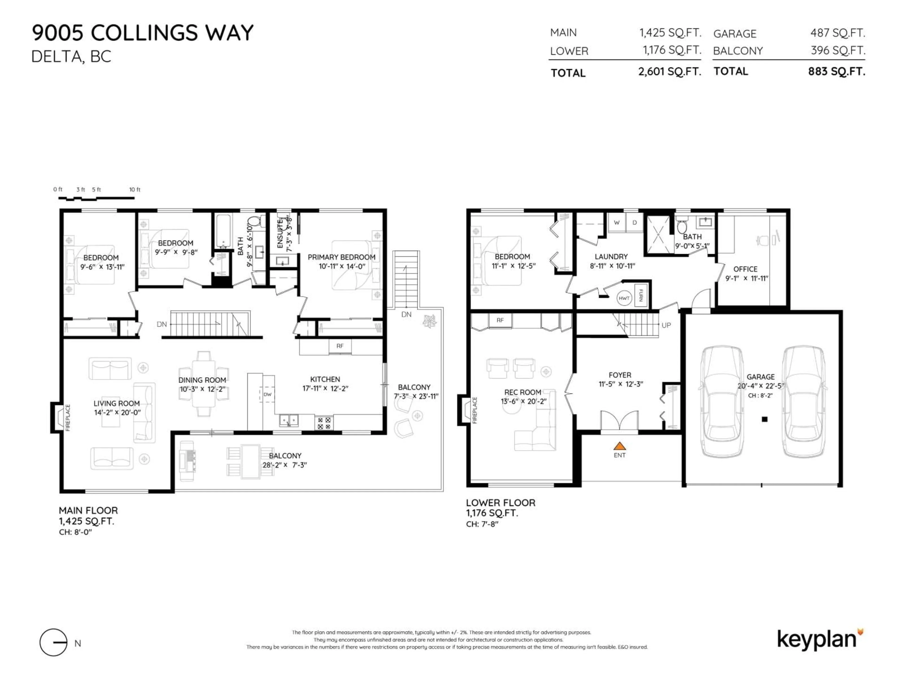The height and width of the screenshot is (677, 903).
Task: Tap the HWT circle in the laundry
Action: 624,298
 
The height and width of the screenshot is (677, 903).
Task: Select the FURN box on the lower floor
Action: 641,295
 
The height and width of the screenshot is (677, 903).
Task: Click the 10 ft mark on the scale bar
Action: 135,190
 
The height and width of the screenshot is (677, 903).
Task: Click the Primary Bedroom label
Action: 341,257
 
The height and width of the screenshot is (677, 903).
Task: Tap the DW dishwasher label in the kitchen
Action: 267,394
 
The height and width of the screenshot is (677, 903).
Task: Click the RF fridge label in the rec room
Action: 500,320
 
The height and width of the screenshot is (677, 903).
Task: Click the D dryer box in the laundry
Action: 634,222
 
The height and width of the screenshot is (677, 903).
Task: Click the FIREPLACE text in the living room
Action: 68,417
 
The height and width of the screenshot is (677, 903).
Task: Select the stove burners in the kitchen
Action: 324,423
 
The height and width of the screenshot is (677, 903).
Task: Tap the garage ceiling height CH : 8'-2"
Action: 760,395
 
